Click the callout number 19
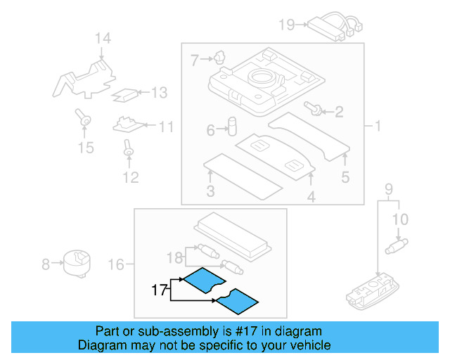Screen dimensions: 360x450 click(286, 25)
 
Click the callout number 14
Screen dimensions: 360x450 click(103, 39)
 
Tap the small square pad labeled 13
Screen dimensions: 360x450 click(126, 93)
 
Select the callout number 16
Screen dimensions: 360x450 click(116, 264)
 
